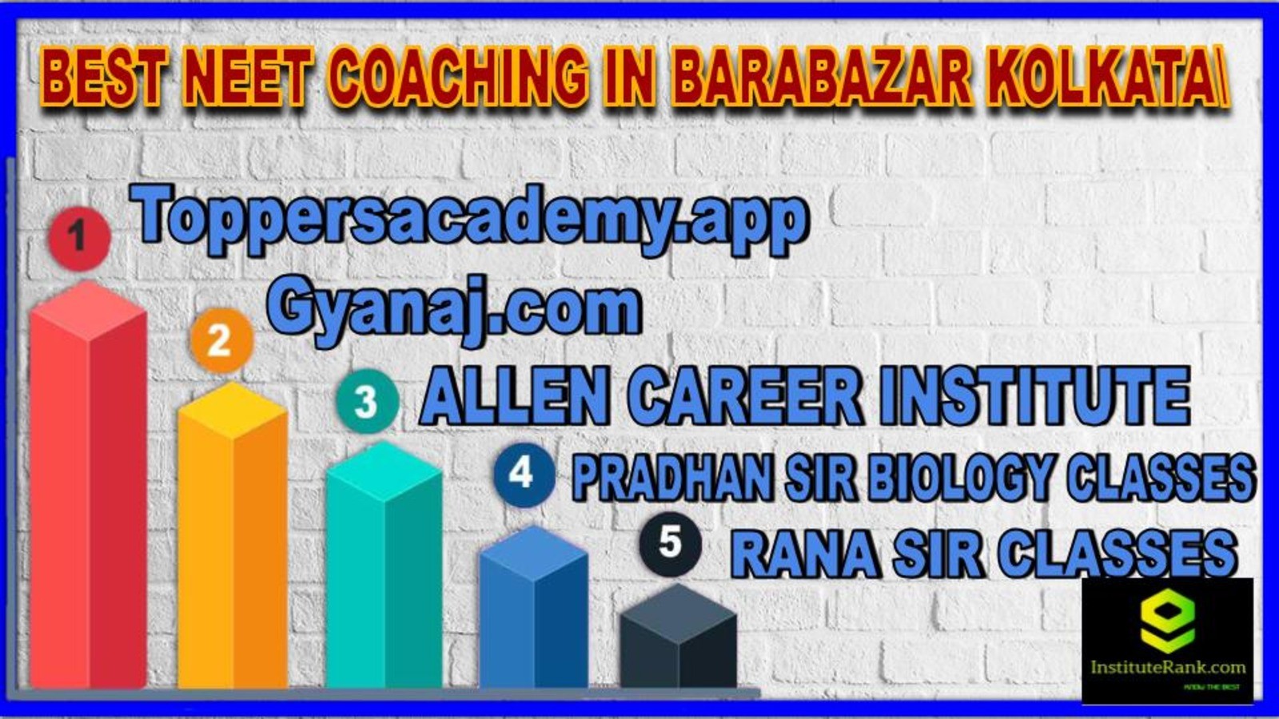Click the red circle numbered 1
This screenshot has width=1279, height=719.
pos(79,237)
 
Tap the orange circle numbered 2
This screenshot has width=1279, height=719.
pos(221,340)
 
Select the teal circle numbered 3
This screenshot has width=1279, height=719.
pos(367,401)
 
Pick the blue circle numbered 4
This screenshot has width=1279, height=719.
pos(524,475)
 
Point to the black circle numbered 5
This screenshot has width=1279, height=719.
pos(671,542)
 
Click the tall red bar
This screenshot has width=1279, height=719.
pos(89,485)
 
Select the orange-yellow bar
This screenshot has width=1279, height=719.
pos(233,536)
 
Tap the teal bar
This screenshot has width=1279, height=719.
pos(384,565)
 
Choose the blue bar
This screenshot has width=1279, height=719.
pos(533,608)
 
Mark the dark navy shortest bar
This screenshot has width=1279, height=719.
pos(679,636)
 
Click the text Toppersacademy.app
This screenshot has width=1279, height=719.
pos(469,220)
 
